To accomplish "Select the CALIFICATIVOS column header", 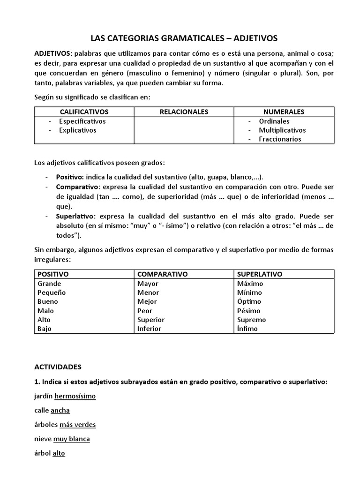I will [84, 112].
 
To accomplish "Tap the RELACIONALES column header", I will [184, 112].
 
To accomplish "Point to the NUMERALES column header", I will [284, 112].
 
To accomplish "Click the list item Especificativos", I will [82, 121].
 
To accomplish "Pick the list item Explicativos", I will [77, 130].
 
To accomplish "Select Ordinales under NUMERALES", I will [274, 121].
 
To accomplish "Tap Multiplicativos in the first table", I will [282, 130].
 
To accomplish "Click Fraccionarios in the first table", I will [280, 139].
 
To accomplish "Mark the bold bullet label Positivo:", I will [70, 177].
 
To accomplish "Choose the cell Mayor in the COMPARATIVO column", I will [148, 284].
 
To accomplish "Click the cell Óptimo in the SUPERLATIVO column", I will [249, 301].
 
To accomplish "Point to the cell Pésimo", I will [248, 310].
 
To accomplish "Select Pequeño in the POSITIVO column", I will [52, 292].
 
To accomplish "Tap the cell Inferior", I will [149, 329].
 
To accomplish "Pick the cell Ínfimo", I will [247, 329].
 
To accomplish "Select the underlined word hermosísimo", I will [75, 396].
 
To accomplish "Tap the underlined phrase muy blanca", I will [71, 439].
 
